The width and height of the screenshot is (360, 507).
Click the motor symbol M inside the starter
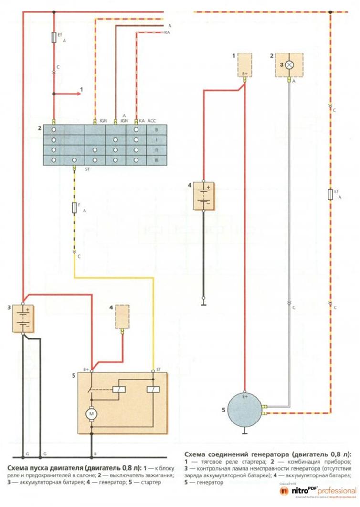click(x=91, y=413)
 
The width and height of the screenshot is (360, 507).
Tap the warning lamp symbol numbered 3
click(x=288, y=64)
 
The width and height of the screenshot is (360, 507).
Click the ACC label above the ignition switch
click(x=152, y=120)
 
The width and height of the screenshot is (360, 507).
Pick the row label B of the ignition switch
click(x=156, y=129)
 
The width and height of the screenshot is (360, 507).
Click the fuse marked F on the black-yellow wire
click(x=74, y=208)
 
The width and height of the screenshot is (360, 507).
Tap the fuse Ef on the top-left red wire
click(x=53, y=38)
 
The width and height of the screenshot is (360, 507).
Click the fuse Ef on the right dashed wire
click(x=330, y=194)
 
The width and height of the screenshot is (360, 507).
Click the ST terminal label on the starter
click(x=158, y=370)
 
